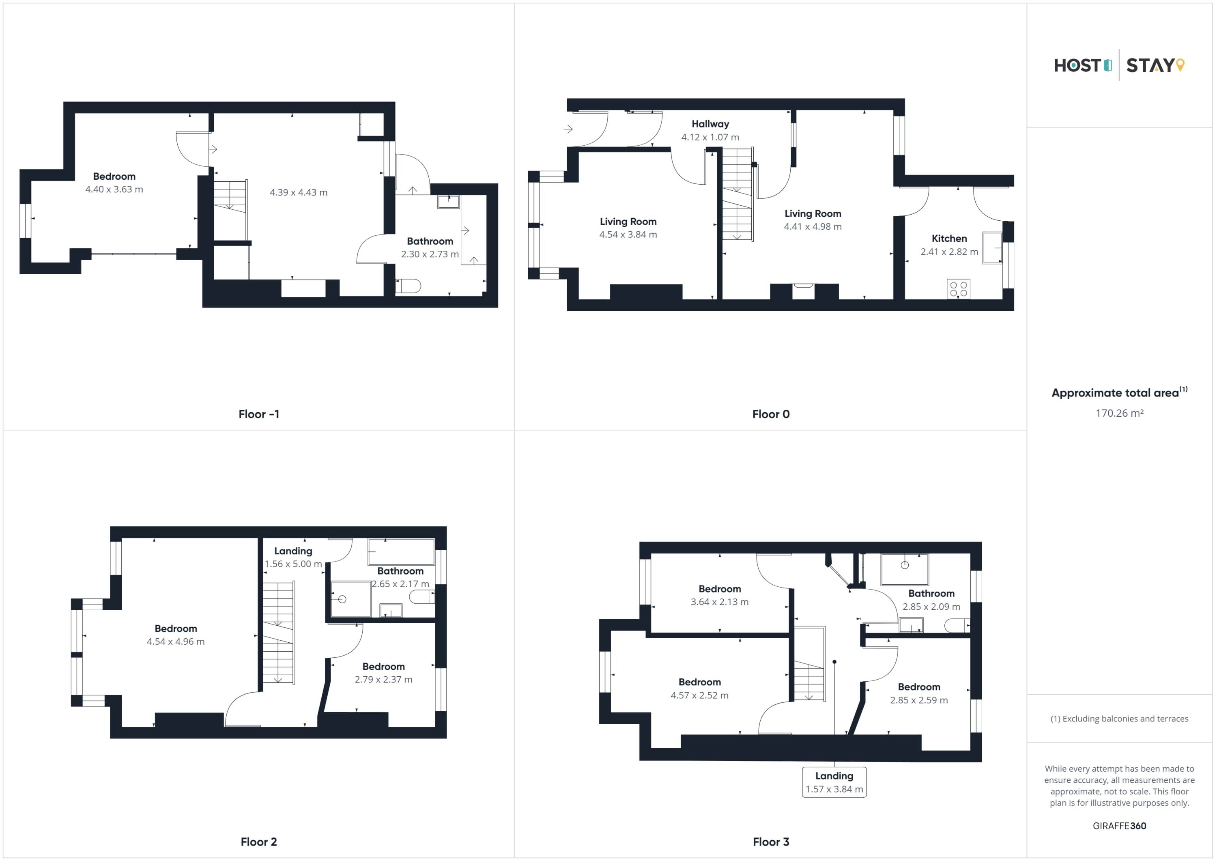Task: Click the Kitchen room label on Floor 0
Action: [x=949, y=239]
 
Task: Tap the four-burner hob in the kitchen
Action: [x=958, y=289]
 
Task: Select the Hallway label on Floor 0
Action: [x=710, y=124]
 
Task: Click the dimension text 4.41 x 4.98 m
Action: [x=813, y=226]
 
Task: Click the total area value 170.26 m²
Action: [x=1120, y=413]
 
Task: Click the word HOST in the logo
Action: [x=1077, y=65]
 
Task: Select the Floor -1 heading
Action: [x=259, y=414]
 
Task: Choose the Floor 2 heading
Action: [x=259, y=842]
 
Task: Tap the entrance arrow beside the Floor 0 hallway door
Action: [x=568, y=129]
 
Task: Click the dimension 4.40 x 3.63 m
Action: [x=114, y=189]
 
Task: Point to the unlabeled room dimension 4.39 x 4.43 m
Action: [x=299, y=192]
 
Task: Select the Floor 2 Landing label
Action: [x=293, y=551]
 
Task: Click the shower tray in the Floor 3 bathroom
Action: [x=904, y=569]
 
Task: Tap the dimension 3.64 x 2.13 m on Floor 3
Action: [x=719, y=602]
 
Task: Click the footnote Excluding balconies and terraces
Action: [x=1120, y=719]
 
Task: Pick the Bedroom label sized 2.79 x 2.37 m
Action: [x=383, y=666]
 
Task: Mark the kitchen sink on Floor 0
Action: [x=992, y=248]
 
